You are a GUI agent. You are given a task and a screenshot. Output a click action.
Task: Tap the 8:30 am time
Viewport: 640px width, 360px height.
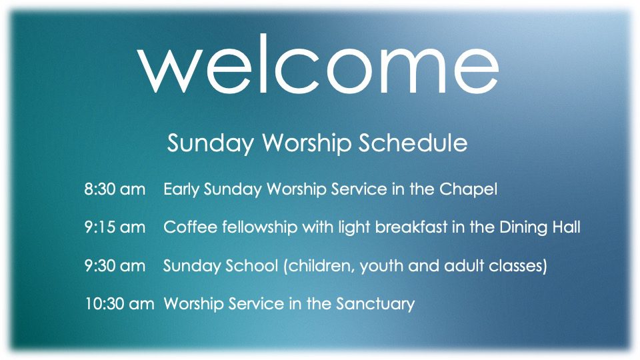click(115, 189)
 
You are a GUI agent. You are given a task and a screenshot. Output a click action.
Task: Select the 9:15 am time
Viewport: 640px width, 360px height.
click(115, 227)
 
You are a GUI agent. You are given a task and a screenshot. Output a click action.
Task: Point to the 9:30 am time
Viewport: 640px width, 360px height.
click(115, 266)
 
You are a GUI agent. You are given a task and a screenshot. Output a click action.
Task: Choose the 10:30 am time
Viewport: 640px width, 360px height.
click(119, 304)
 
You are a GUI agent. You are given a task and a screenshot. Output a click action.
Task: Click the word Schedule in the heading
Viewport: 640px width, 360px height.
click(413, 143)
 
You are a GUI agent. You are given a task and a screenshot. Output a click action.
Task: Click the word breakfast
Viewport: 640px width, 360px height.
click(411, 227)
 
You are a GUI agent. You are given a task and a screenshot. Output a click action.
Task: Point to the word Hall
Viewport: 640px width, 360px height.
click(567, 227)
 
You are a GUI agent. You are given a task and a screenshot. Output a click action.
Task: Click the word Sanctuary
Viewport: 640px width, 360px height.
click(375, 305)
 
